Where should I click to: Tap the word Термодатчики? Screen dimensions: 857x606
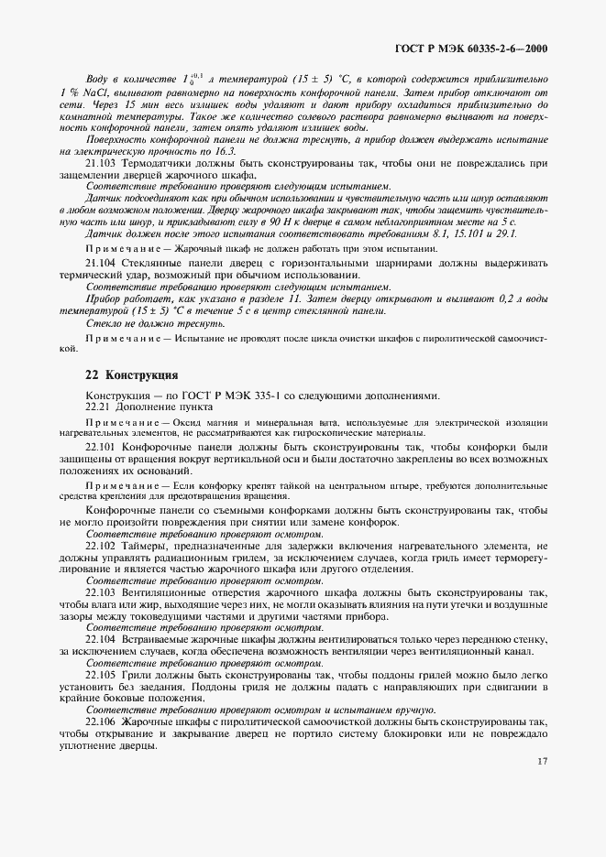pos(158,163)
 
